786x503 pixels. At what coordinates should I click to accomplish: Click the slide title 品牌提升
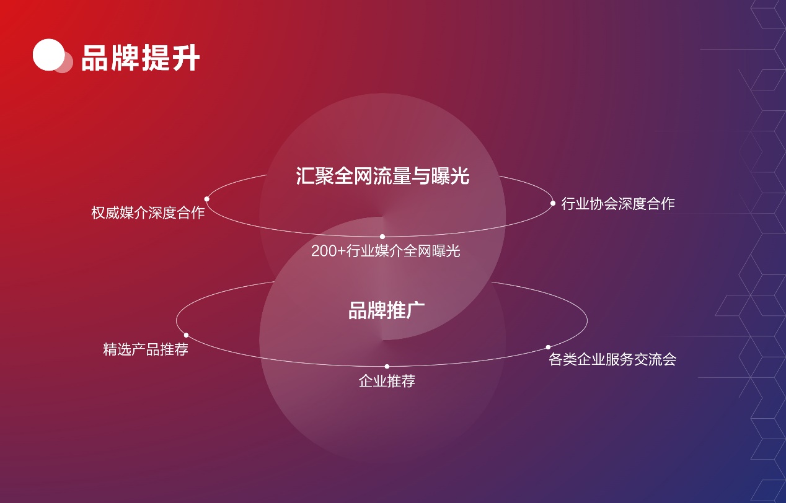pyautogui.click(x=140, y=58)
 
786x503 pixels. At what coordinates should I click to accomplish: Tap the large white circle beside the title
pyautogui.click(x=49, y=55)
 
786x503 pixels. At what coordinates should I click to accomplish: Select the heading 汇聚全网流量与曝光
pyautogui.click(x=382, y=175)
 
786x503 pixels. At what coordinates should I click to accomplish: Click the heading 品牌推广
pyautogui.click(x=386, y=310)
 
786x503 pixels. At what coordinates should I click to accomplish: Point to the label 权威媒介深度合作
pyautogui.click(x=148, y=212)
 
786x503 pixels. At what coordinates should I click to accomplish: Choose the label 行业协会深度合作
pyautogui.click(x=618, y=203)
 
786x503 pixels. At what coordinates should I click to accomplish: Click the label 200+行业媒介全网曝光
pyautogui.click(x=386, y=251)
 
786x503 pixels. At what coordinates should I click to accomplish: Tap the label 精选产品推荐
pyautogui.click(x=146, y=349)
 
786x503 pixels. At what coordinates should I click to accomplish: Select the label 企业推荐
pyautogui.click(x=387, y=381)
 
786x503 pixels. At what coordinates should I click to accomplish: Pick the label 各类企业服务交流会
pyautogui.click(x=612, y=359)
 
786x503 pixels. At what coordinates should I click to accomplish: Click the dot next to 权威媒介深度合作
pyautogui.click(x=206, y=199)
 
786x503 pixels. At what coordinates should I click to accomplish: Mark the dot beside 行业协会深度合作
pyautogui.click(x=553, y=203)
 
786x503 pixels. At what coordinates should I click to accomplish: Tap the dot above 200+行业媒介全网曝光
pyautogui.click(x=382, y=237)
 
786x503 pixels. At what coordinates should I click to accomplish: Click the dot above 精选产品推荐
pyautogui.click(x=187, y=335)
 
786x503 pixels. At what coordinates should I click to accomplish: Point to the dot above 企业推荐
pyautogui.click(x=387, y=367)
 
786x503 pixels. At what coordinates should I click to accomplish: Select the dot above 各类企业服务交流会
pyautogui.click(x=548, y=348)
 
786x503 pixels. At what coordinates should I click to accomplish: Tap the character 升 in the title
pyautogui.click(x=186, y=58)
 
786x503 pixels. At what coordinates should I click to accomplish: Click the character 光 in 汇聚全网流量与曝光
pyautogui.click(x=460, y=175)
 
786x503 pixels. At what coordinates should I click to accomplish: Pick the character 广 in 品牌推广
pyautogui.click(x=415, y=310)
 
